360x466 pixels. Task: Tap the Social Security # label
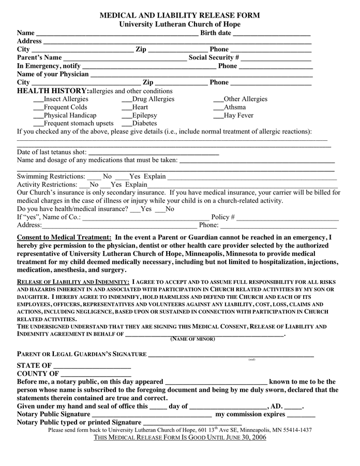point(214,57)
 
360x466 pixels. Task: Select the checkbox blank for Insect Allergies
point(38,99)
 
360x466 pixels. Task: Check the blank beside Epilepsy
point(127,116)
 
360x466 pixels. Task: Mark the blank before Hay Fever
point(218,116)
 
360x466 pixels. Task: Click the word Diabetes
point(144,124)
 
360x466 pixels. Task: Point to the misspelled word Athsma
point(235,107)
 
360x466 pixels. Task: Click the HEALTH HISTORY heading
point(53,91)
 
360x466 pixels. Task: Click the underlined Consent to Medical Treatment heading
point(64,237)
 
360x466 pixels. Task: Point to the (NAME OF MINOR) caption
point(192,339)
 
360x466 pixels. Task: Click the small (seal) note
point(251,359)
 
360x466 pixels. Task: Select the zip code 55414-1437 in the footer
point(296,430)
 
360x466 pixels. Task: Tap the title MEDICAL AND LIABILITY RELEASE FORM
point(179,16)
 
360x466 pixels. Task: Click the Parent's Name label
point(39,57)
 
